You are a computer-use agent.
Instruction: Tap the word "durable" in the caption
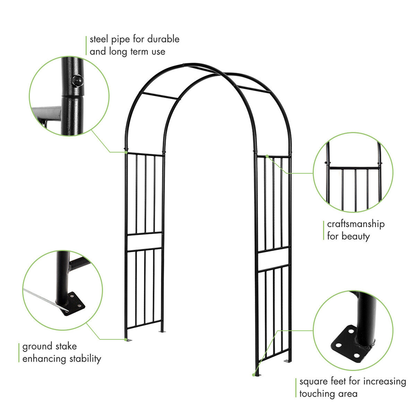[x=163, y=40]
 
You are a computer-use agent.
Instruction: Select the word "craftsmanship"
[x=356, y=224]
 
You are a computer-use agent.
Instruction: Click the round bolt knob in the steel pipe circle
[x=77, y=81]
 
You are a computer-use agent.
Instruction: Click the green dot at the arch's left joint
[x=126, y=152]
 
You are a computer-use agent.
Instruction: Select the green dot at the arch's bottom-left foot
[x=126, y=339]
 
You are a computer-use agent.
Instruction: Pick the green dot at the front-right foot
[x=254, y=375]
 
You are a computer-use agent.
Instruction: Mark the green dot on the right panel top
[x=267, y=156]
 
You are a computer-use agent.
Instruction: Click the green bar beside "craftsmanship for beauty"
[x=324, y=230]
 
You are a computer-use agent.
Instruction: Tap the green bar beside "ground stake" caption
[x=19, y=352]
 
